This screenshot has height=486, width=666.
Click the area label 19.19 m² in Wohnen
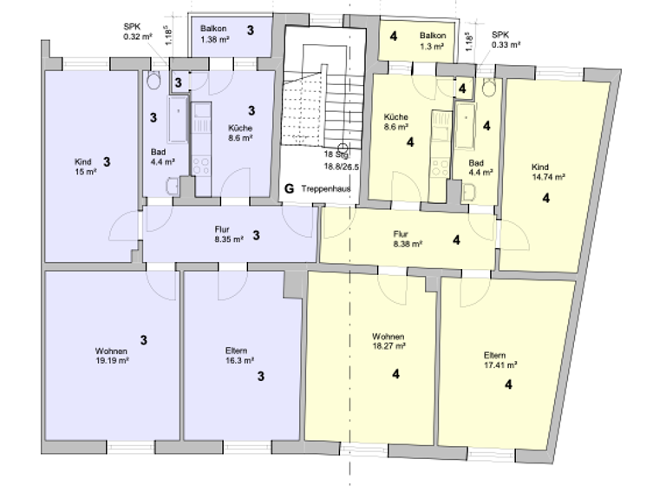(x=112, y=360)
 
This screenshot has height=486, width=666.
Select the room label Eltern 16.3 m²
(x=235, y=355)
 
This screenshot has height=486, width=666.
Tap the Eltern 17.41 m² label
(x=500, y=360)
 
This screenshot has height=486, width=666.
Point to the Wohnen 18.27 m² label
(x=388, y=340)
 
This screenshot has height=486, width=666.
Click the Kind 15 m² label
(x=84, y=167)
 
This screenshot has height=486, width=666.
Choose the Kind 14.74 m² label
(x=547, y=171)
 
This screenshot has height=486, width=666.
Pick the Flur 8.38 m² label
(x=407, y=239)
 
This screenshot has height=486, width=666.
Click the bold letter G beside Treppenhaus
(x=290, y=188)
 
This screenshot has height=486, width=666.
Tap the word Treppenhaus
(x=325, y=188)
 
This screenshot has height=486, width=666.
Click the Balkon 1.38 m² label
(x=214, y=34)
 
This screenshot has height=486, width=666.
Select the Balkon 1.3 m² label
(x=433, y=40)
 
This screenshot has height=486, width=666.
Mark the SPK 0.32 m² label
(x=136, y=31)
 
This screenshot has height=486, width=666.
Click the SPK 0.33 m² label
(x=506, y=40)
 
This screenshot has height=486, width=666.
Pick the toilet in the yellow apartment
(x=487, y=87)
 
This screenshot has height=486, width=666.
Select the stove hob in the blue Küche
(x=201, y=164)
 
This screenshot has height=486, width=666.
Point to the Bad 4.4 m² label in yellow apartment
(x=480, y=167)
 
